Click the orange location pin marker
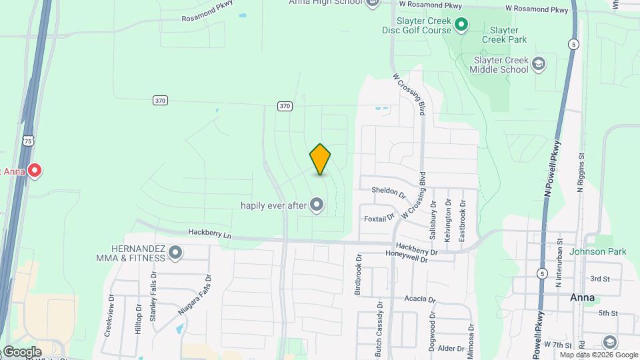[320, 159]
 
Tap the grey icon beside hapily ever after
[317, 205]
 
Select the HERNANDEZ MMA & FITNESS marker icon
[175, 253]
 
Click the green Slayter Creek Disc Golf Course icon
[461, 25]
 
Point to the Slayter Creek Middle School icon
[539, 64]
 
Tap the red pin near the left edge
[34, 171]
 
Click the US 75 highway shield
[27, 141]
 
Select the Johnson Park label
[598, 251]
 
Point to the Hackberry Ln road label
[209, 235]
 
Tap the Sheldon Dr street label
[389, 192]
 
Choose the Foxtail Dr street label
[379, 219]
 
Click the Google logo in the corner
[21, 351]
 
